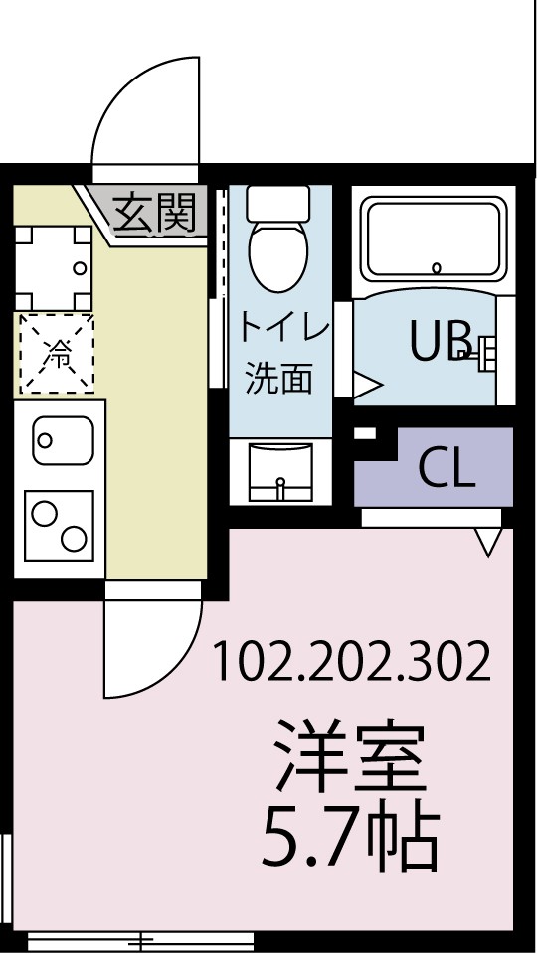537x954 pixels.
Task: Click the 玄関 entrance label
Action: tap(153, 212)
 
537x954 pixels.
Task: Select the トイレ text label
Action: tap(279, 327)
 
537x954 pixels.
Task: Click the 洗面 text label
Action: tap(279, 377)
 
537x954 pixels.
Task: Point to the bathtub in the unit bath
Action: tap(434, 239)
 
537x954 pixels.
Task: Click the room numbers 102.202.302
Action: tap(352, 661)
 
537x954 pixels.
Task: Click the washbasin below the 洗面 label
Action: tap(279, 472)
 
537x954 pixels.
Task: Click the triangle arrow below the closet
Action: tap(487, 543)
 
